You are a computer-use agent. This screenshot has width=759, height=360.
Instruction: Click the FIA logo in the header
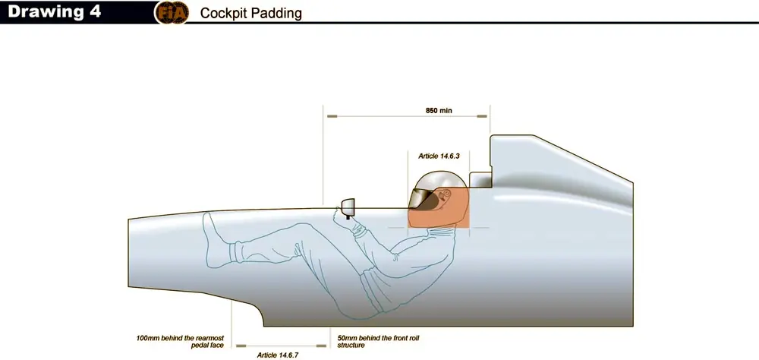(x=172, y=13)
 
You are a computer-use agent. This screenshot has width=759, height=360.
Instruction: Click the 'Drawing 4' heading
(x=54, y=11)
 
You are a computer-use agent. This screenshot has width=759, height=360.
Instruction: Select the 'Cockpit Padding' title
(x=250, y=13)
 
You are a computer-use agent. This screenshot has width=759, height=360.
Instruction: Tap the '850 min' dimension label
(x=439, y=110)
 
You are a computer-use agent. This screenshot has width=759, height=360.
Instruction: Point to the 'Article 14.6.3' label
(x=439, y=156)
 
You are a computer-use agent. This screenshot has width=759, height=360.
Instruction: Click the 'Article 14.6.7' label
(x=277, y=355)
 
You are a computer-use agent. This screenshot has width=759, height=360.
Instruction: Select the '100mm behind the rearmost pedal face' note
(x=180, y=341)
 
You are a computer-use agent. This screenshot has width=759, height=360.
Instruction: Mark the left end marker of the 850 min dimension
(x=332, y=116)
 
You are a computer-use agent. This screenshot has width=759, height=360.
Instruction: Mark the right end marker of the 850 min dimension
(x=482, y=116)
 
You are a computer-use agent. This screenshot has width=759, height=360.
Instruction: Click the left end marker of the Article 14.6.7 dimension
(x=241, y=346)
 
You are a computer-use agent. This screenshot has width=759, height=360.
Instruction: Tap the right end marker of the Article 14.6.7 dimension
(x=321, y=346)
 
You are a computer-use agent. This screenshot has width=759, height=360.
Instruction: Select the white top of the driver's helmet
(x=436, y=178)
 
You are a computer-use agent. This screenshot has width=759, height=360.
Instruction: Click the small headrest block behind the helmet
(x=480, y=178)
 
